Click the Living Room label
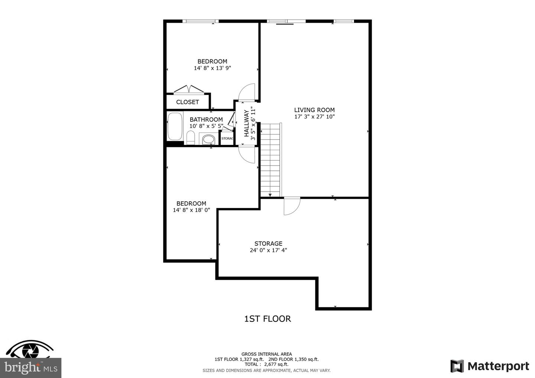coord(314,110)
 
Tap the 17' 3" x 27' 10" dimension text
coord(314,117)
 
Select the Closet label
coord(188,102)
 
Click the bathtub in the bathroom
coord(175,126)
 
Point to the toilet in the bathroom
coord(191,137)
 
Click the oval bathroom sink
coord(208,139)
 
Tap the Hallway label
coord(246,123)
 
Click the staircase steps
coord(270,160)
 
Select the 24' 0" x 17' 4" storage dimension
coord(268,250)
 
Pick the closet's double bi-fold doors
coord(189,89)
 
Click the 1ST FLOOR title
coord(267,319)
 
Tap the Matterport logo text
coord(499,366)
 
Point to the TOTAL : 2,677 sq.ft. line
coord(266,364)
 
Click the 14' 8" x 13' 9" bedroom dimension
coord(213,68)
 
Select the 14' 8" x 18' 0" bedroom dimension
coord(191,210)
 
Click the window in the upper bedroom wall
coord(201,21)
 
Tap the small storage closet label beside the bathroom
coord(227,139)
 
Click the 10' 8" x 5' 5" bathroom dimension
coord(206,126)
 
